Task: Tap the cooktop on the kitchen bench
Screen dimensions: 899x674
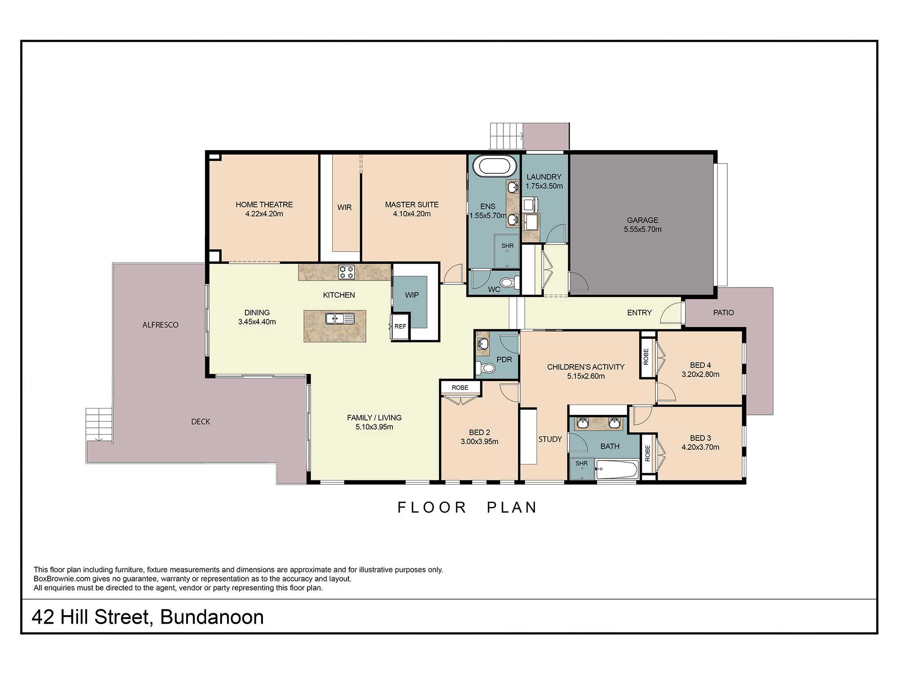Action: pyautogui.click(x=347, y=272)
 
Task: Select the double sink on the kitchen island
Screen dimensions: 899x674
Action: pyautogui.click(x=340, y=319)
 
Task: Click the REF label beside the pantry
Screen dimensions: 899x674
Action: pyautogui.click(x=400, y=326)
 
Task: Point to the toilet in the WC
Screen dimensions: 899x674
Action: pyautogui.click(x=508, y=283)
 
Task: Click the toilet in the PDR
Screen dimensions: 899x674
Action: pyautogui.click(x=486, y=368)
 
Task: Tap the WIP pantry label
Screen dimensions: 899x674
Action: pyautogui.click(x=412, y=295)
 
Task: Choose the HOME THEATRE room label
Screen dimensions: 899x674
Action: pyautogui.click(x=264, y=204)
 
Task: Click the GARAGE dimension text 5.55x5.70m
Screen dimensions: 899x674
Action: pyautogui.click(x=643, y=229)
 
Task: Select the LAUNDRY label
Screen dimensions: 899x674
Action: pyautogui.click(x=544, y=177)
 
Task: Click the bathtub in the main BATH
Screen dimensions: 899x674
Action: pyautogui.click(x=617, y=470)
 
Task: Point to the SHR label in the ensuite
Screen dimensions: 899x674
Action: pyautogui.click(x=507, y=246)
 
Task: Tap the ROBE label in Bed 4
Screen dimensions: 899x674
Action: pyautogui.click(x=646, y=356)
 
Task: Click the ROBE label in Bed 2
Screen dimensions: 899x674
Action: pyautogui.click(x=460, y=387)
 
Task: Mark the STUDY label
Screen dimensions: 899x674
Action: pyautogui.click(x=550, y=439)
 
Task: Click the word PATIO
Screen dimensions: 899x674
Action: pyautogui.click(x=723, y=312)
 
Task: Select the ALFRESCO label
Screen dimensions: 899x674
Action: pyautogui.click(x=160, y=325)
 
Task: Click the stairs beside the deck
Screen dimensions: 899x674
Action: pyautogui.click(x=99, y=424)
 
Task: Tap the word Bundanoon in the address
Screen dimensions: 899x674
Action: pyautogui.click(x=212, y=617)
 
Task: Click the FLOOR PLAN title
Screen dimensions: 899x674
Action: pyautogui.click(x=467, y=507)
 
